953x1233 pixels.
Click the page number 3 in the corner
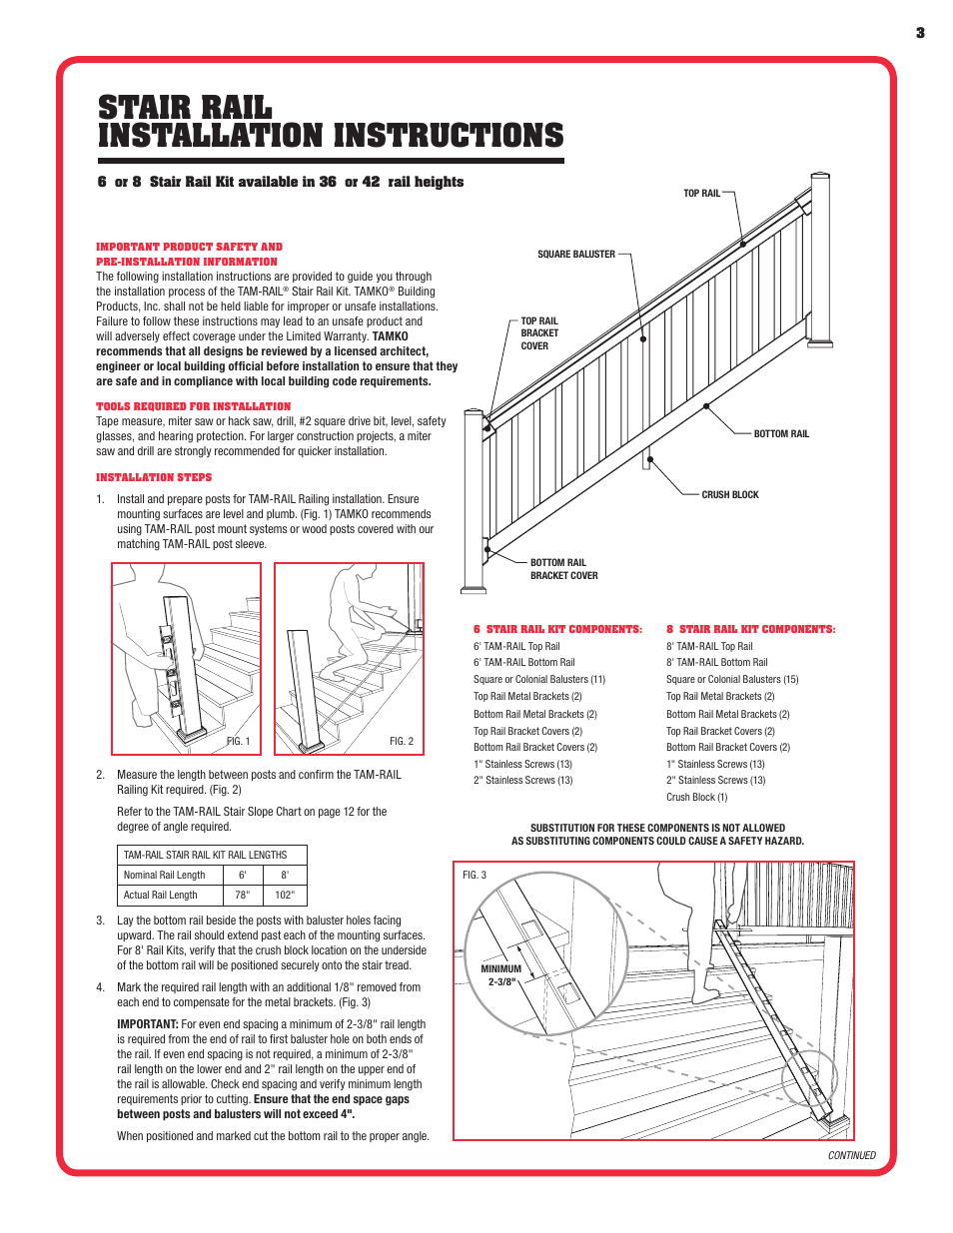click(920, 33)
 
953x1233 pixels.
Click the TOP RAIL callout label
click(701, 194)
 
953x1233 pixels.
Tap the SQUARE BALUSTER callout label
click(576, 255)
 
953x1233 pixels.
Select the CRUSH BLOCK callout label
click(730, 495)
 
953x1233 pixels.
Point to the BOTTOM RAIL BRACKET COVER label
click(563, 569)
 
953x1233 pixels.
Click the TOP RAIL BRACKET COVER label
click(539, 333)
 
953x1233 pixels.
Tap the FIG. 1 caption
click(238, 742)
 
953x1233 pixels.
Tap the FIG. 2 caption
click(401, 742)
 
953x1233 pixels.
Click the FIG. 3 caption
click(475, 876)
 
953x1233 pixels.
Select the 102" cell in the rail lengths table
click(285, 896)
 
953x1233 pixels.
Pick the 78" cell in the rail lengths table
click(243, 896)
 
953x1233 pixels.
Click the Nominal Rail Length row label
click(164, 876)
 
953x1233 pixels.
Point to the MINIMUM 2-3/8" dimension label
click(501, 975)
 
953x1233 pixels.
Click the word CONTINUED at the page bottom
click(851, 1155)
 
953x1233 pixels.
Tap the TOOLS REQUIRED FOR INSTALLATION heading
click(194, 407)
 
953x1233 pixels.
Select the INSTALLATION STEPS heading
click(154, 478)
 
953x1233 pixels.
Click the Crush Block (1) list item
click(696, 798)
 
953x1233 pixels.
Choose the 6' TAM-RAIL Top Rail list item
click(516, 647)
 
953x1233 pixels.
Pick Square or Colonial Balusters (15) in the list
click(732, 680)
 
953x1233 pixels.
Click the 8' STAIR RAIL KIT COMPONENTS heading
click(751, 630)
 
